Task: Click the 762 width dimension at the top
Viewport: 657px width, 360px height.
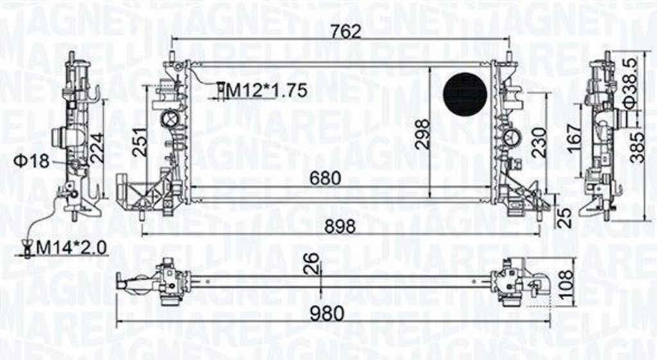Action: point(345,31)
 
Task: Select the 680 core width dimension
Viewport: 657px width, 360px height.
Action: point(325,178)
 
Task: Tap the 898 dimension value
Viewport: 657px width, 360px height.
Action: point(340,227)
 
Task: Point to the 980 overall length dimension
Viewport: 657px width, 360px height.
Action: point(327,313)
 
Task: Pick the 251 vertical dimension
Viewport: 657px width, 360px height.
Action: point(141,142)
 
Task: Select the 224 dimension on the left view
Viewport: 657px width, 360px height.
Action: point(96,148)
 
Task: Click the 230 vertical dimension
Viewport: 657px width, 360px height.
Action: point(539,142)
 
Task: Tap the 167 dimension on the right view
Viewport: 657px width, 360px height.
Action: point(574,134)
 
